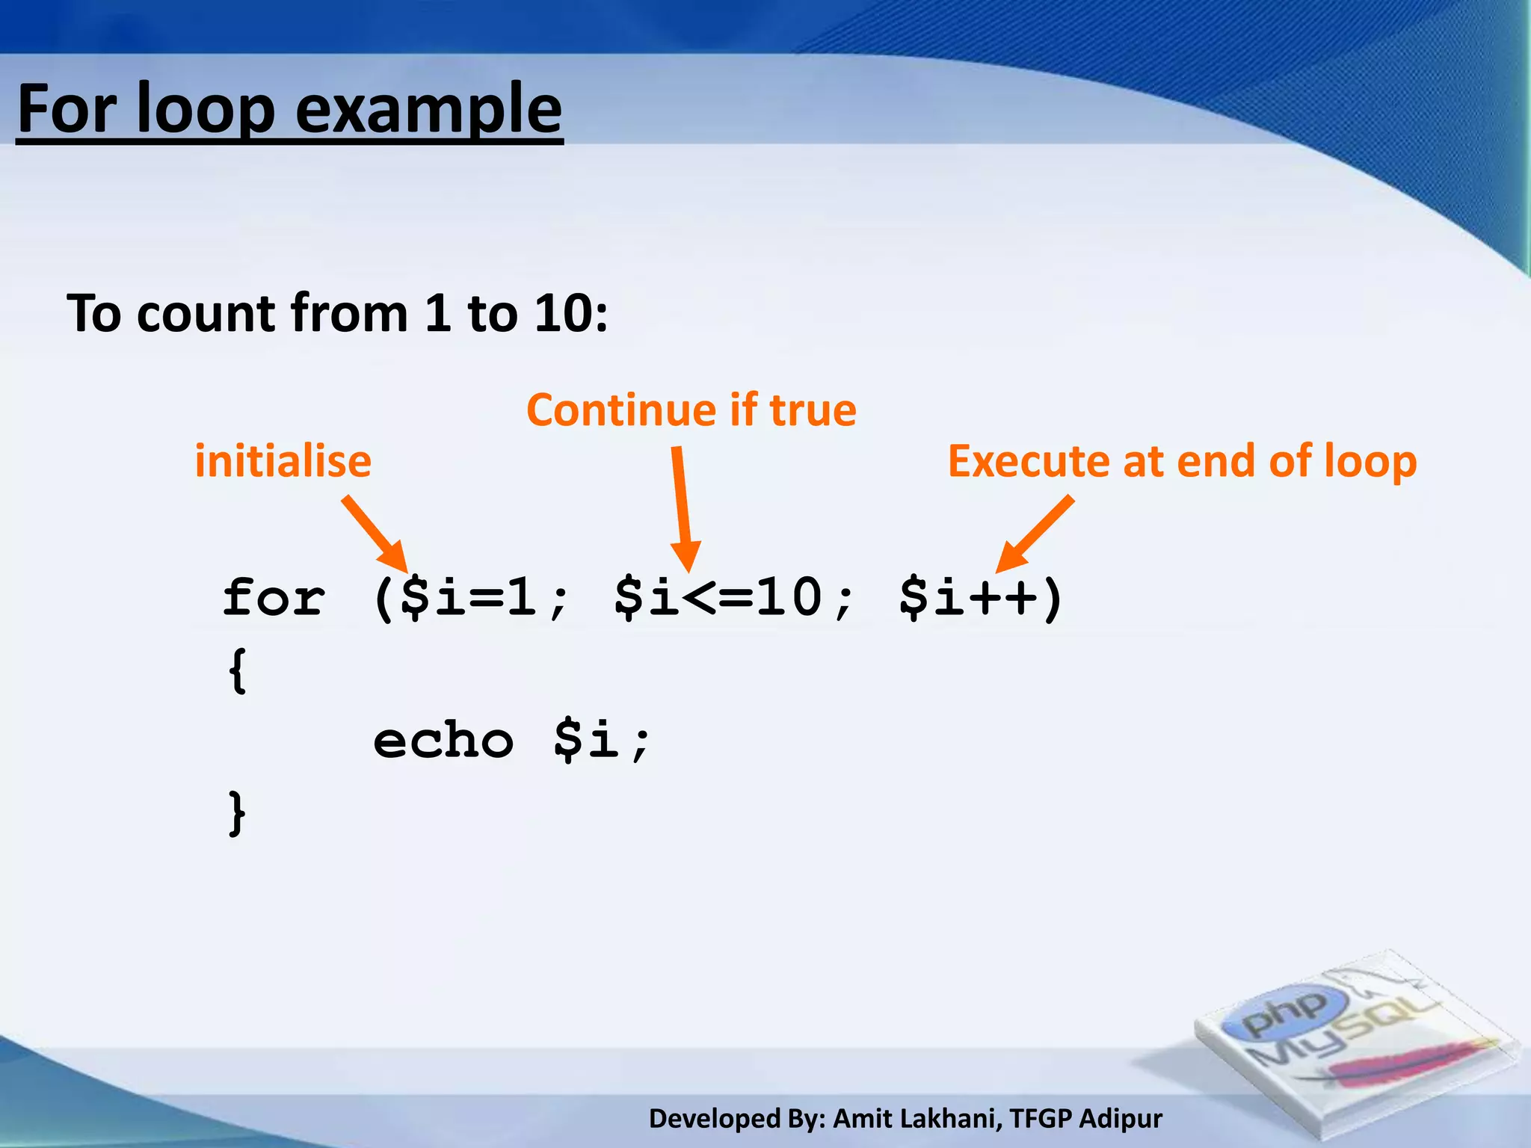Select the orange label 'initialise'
(283, 461)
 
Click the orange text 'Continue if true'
(691, 410)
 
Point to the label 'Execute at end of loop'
(1182, 461)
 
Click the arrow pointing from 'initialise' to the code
(376, 534)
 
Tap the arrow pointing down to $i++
(1035, 534)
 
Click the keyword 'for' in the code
(274, 599)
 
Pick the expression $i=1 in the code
(469, 599)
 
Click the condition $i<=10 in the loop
(718, 599)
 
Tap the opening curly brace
(238, 670)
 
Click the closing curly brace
(238, 812)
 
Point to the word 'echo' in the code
(443, 741)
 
